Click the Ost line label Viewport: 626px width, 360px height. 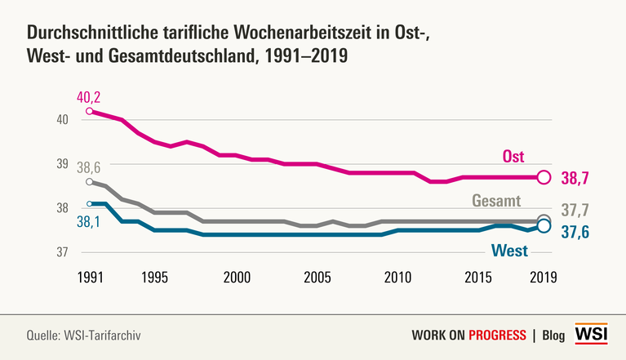513,156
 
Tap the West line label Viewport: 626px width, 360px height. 508,250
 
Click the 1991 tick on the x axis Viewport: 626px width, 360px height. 90,276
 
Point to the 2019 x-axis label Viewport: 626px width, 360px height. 542,276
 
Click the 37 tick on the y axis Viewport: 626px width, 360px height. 60,251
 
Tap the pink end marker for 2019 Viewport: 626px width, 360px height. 544,177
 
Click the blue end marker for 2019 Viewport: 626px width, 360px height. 544,226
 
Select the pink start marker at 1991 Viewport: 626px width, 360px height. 89,111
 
